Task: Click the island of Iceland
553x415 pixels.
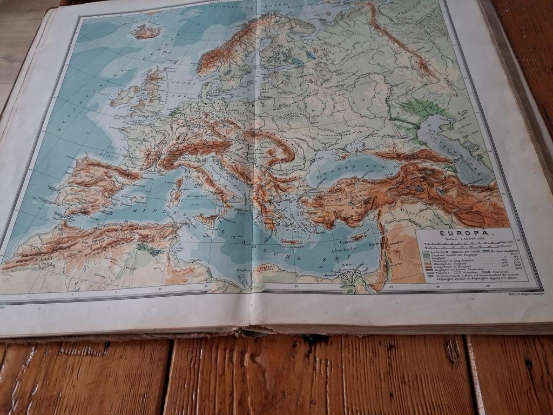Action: click(x=146, y=32)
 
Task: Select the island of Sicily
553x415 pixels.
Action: click(x=207, y=219)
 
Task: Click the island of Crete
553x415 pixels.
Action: click(x=291, y=242)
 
